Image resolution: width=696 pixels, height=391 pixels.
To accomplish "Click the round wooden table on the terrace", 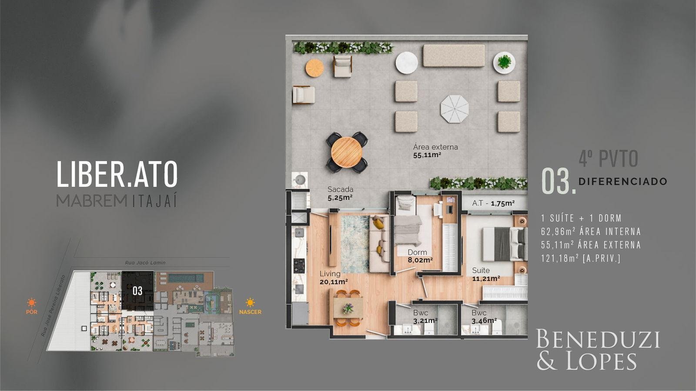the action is click(x=346, y=152).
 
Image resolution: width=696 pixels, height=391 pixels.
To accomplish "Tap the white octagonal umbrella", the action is click(x=454, y=109).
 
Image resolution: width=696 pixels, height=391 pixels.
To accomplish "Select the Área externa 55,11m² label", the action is click(x=435, y=151).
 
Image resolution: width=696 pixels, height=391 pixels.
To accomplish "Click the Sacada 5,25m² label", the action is click(x=340, y=193).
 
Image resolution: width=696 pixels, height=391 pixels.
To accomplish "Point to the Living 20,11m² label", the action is click(x=333, y=278).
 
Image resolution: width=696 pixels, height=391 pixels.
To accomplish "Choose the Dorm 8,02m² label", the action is click(x=420, y=256).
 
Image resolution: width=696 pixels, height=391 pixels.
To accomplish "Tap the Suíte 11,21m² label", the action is click(x=486, y=274).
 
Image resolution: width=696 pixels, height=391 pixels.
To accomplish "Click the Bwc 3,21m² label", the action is click(x=425, y=317).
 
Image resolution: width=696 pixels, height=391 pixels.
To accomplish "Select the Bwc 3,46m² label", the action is click(x=484, y=317).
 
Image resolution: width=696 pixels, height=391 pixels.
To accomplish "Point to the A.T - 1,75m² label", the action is click(x=493, y=204).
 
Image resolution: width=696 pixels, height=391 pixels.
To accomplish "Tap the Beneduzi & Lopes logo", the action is click(x=598, y=350).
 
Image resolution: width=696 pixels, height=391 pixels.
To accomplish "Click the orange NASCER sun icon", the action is click(x=250, y=302).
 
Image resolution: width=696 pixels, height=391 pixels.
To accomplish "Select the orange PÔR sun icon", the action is click(x=32, y=302).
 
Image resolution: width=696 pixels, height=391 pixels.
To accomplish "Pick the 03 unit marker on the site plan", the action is click(x=137, y=291).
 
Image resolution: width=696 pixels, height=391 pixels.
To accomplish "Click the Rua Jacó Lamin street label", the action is click(x=145, y=262).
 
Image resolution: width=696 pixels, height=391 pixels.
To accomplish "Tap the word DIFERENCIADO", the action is click(x=622, y=182).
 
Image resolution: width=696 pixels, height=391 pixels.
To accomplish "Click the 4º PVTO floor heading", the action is click(x=609, y=158).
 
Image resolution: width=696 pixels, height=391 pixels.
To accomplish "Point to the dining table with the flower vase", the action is click(x=348, y=308).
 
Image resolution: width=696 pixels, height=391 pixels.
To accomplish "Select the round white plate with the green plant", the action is click(x=504, y=63).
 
